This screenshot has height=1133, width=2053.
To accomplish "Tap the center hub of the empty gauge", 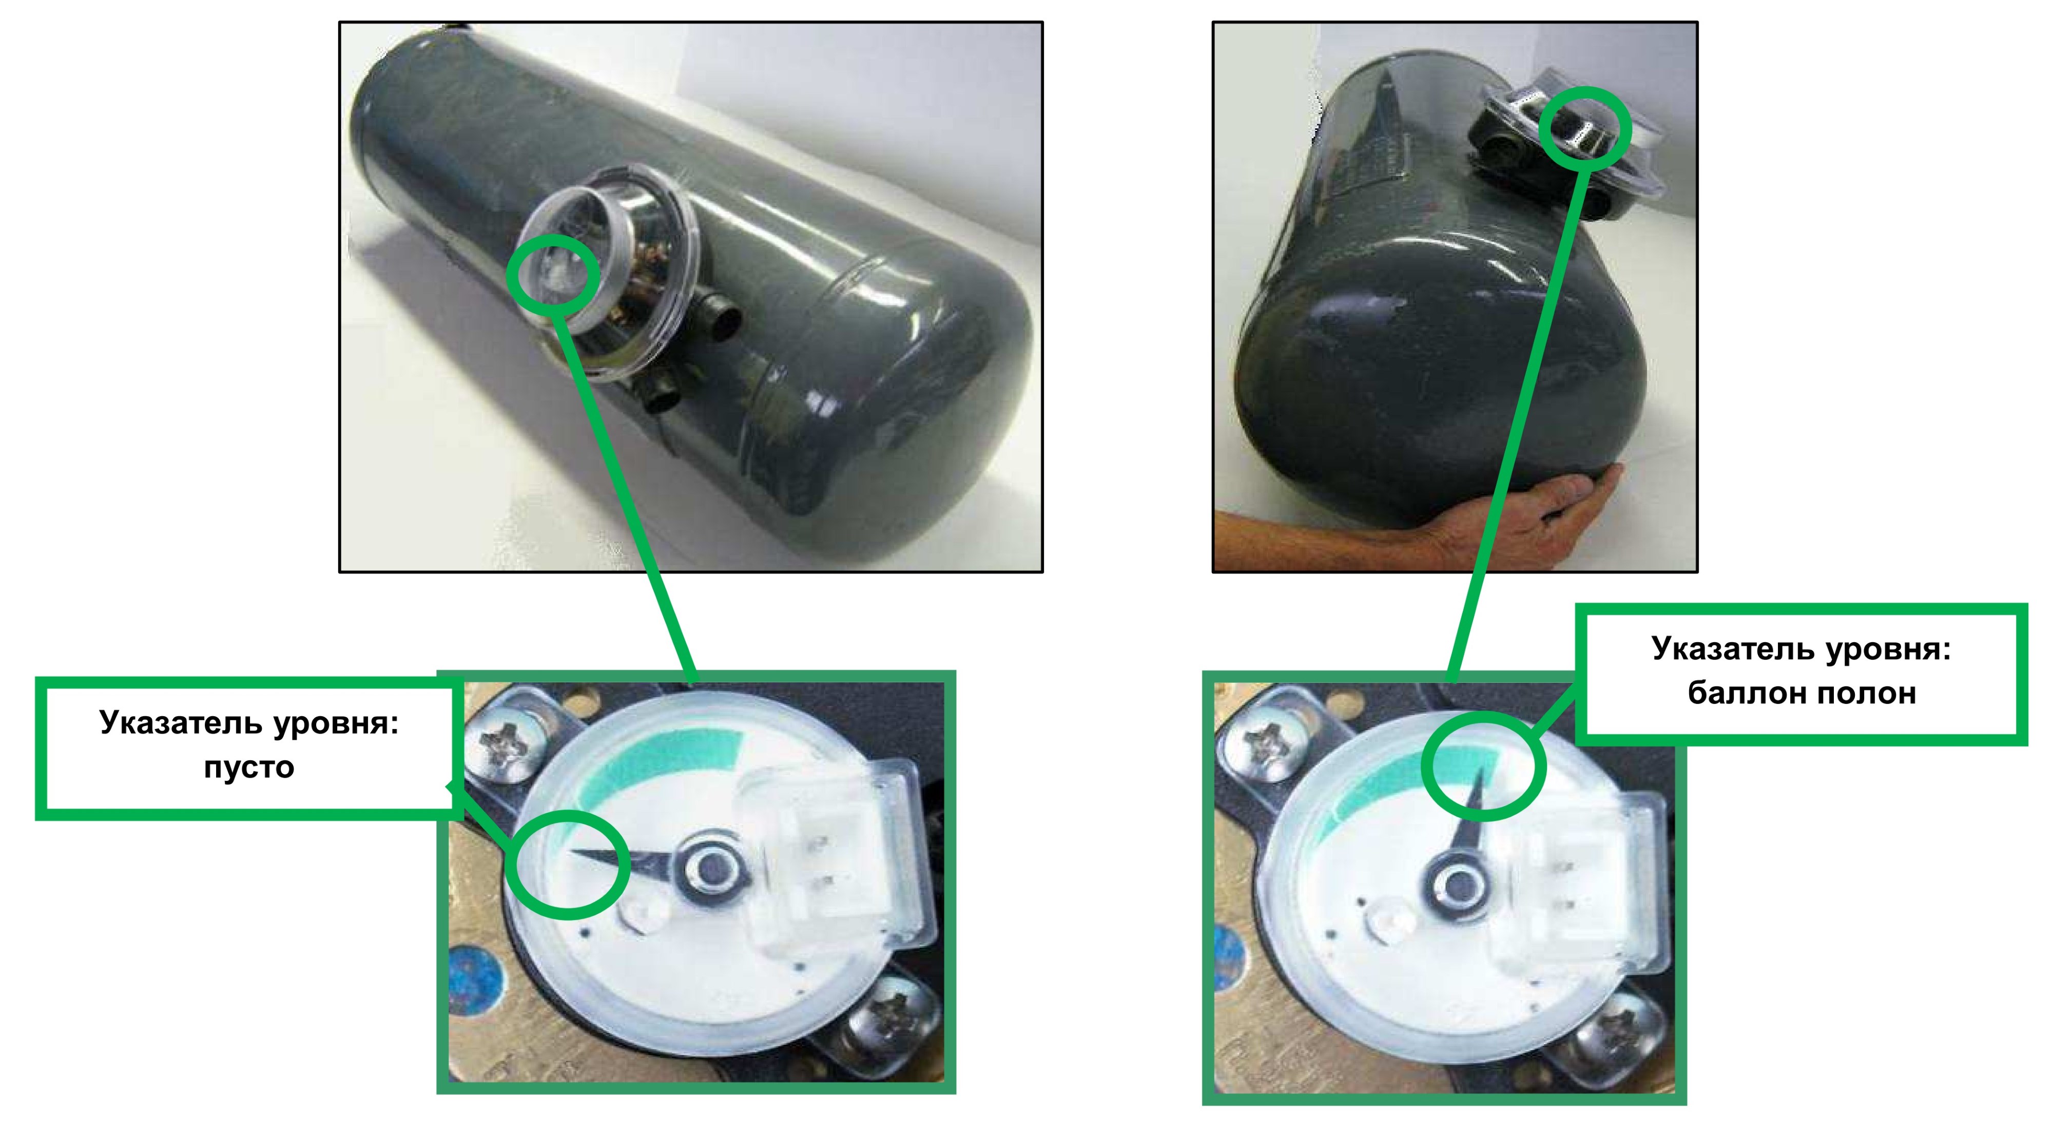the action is tap(708, 868).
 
